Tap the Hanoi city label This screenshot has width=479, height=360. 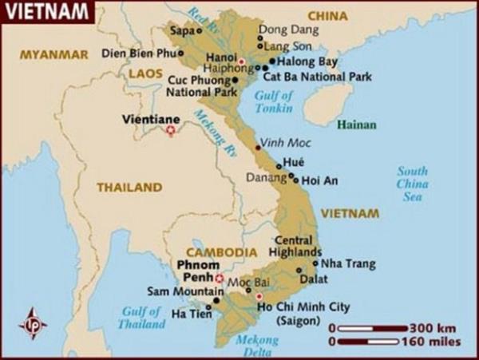(x=222, y=57)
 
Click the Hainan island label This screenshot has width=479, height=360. (x=356, y=125)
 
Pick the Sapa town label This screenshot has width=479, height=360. (x=183, y=31)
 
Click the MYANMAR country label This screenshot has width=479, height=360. (x=53, y=55)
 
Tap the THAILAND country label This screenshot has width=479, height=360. (x=129, y=188)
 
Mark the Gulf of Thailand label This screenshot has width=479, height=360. (x=143, y=318)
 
